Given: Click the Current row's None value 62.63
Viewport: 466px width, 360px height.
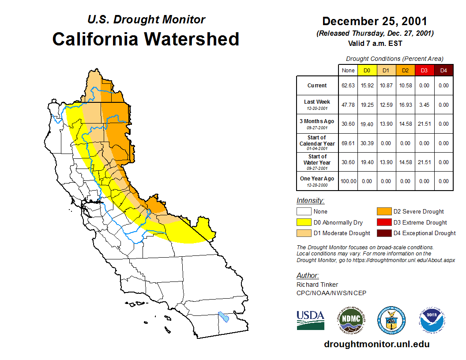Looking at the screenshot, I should [348, 86].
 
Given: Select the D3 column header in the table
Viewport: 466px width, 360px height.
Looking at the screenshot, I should [424, 70].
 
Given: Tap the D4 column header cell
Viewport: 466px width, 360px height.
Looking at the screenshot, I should [443, 70].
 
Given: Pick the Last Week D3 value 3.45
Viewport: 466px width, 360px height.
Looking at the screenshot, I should [424, 105].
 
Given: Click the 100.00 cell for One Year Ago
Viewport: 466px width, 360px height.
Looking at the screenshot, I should [348, 181].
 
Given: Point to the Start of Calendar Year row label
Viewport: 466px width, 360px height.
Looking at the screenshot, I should [317, 143].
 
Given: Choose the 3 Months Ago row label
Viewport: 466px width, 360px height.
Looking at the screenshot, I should [317, 124].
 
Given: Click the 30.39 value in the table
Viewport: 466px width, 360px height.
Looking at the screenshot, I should [367, 143].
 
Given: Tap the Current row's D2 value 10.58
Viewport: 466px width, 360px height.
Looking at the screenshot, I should [405, 86].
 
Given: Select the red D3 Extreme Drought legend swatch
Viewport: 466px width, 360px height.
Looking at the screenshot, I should [383, 222].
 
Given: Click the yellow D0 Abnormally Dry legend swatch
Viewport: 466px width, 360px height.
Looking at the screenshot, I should [304, 222].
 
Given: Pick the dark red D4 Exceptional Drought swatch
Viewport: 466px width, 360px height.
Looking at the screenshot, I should [383, 233].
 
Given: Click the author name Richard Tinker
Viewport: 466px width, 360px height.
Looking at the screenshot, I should [317, 285].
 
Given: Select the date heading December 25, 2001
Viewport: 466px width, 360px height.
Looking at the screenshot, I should [375, 21].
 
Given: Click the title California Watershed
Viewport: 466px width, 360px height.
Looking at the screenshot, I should [146, 39].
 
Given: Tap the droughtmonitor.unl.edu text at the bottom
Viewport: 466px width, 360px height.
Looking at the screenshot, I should [376, 344].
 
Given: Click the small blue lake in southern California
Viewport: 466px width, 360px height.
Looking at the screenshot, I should [224, 317].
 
